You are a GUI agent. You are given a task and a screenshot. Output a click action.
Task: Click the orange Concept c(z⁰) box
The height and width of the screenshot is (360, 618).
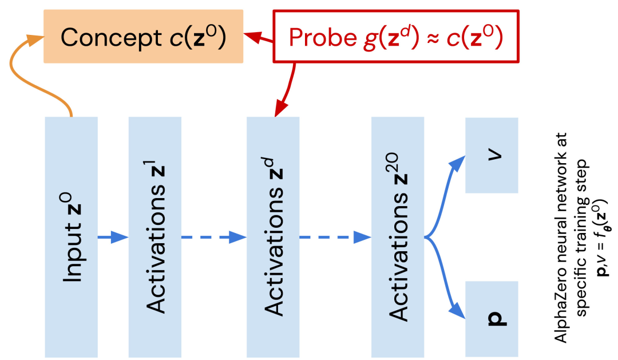[144, 37]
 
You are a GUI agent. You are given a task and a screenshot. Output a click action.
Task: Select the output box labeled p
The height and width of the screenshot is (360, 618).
[492, 318]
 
